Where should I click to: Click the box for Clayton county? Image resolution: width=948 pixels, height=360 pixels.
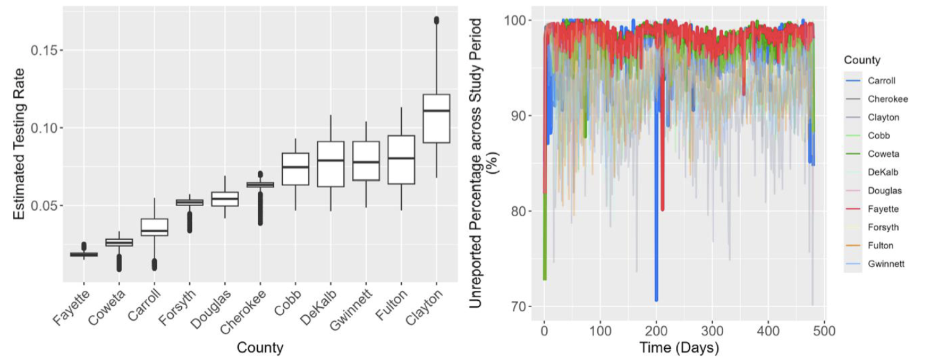pos(436,118)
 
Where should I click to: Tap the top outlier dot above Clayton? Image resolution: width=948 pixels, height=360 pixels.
pos(436,21)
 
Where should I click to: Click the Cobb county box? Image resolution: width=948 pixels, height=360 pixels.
pos(295,169)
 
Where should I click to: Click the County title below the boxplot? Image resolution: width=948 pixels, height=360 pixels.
pos(260,348)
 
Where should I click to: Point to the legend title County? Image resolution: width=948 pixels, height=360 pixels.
pos(861,60)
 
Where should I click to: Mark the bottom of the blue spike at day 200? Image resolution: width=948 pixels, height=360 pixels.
pos(656,300)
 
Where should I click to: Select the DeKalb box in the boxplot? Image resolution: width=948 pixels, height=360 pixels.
pos(330,164)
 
